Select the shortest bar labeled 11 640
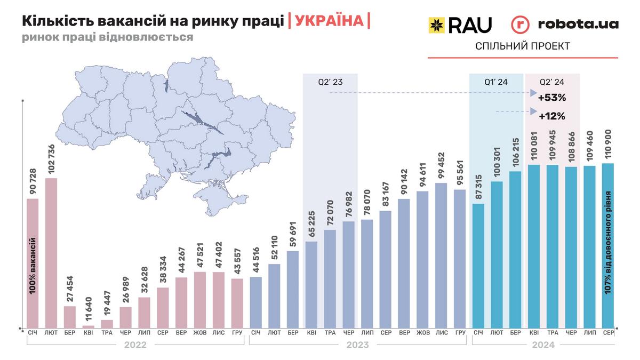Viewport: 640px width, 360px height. [x=89, y=326]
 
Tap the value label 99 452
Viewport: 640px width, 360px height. [x=441, y=166]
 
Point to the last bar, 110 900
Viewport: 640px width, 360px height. [x=608, y=245]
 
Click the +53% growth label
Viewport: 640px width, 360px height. [x=551, y=98]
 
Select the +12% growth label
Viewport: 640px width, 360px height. [x=551, y=115]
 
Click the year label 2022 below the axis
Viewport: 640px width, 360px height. [x=135, y=345]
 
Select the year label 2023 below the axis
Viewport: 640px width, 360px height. [x=357, y=345]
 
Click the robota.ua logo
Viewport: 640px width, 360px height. [x=565, y=25]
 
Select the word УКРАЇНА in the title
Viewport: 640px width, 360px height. [x=329, y=21]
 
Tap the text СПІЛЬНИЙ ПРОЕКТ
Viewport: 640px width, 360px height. [x=522, y=46]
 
